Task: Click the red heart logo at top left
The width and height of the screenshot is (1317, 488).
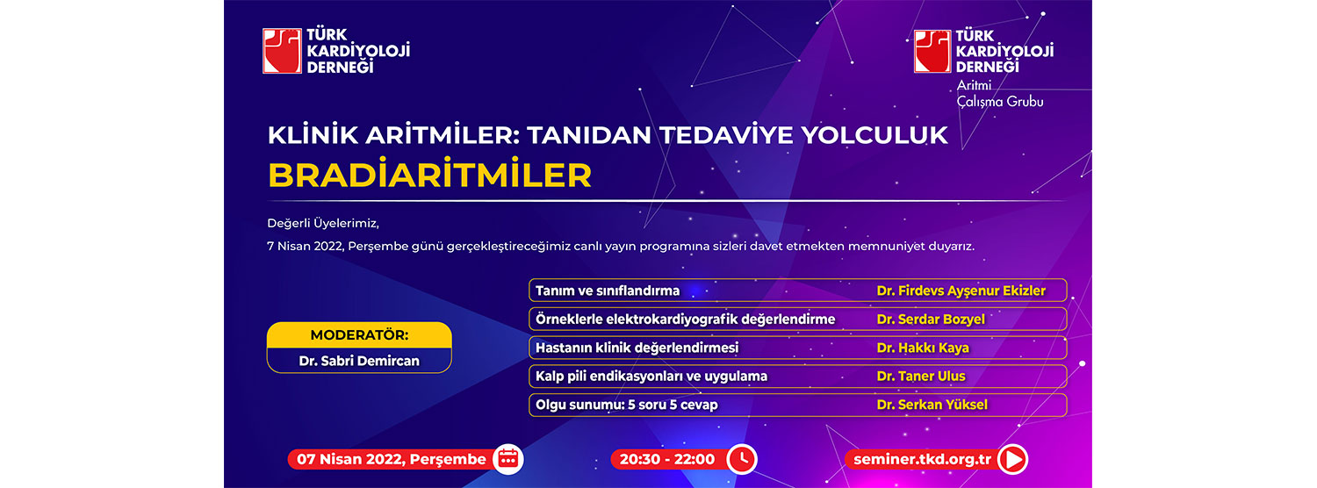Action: point(282,51)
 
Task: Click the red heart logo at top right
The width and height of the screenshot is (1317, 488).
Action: point(932,51)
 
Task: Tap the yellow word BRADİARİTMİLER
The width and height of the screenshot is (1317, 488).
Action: point(430,176)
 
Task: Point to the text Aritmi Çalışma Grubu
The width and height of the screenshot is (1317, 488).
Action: point(1000,94)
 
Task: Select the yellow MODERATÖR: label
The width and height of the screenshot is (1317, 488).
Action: point(359,335)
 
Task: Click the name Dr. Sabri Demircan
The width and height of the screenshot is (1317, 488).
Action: point(359,361)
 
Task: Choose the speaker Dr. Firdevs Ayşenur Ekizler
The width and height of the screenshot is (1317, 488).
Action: point(961,291)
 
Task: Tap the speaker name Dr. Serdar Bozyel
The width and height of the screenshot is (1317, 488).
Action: point(931,319)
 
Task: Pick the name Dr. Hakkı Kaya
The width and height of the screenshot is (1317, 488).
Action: point(923,348)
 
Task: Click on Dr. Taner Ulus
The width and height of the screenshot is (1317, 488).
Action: point(921,377)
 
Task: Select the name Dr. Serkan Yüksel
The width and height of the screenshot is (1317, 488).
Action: point(932,405)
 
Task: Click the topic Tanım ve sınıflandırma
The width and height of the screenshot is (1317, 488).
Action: point(608,291)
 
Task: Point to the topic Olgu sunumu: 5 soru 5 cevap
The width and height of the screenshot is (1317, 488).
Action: point(627,405)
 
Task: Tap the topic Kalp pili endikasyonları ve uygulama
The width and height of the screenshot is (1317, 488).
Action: point(651,377)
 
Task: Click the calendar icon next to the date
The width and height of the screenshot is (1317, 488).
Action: point(508,459)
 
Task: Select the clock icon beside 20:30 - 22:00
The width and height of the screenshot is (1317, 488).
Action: point(742,459)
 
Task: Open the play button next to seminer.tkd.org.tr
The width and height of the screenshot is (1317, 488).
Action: point(1012,459)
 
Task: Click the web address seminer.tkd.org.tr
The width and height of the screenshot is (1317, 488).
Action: point(923,459)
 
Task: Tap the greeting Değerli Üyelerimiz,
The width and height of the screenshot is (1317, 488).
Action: point(323,224)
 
